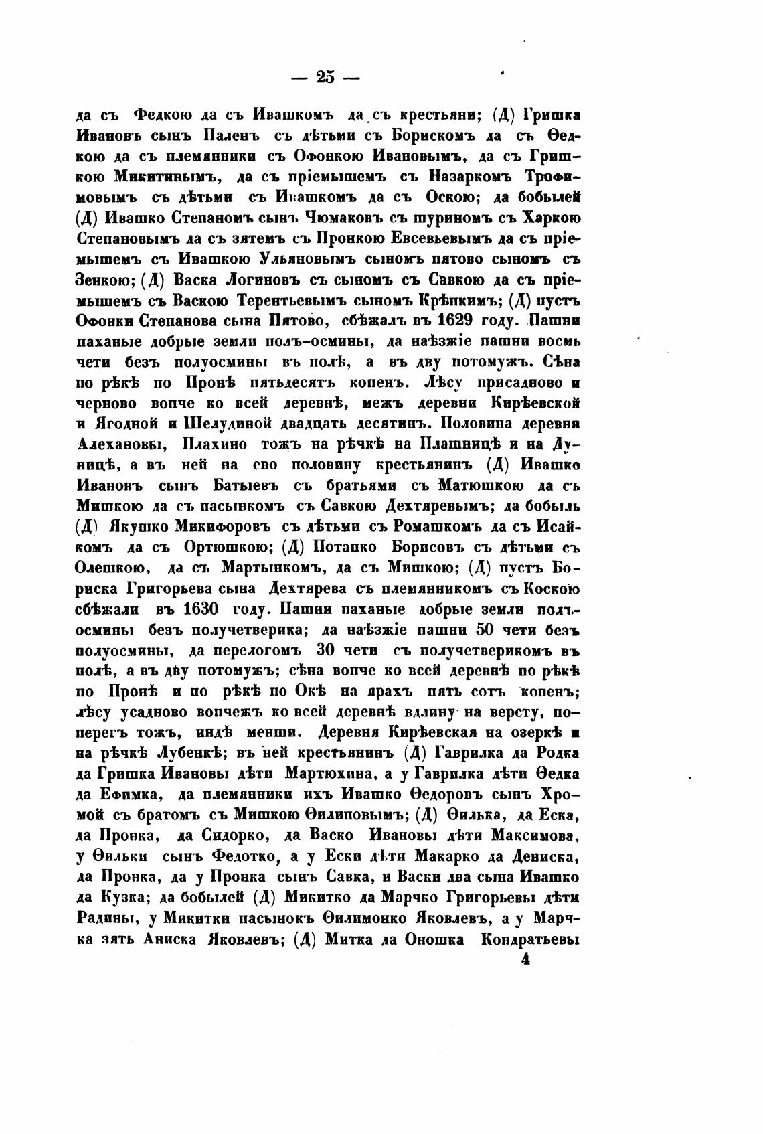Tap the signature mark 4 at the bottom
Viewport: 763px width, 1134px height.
point(525,959)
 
